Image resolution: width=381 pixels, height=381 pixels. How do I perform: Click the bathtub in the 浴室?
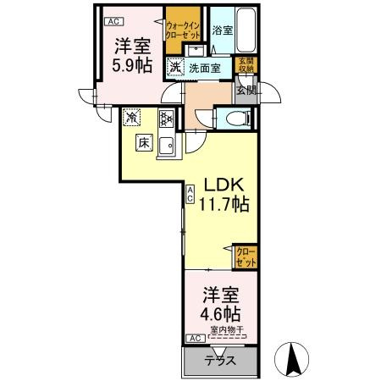248,31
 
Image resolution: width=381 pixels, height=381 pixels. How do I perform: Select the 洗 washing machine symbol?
174,67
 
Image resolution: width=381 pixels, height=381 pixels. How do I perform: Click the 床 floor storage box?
143,144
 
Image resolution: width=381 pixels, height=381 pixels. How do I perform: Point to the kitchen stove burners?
167,119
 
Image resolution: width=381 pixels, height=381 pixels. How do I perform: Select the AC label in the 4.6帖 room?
194,338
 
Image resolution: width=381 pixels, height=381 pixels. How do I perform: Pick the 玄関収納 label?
244,65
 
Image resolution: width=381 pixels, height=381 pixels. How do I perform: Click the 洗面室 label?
204,67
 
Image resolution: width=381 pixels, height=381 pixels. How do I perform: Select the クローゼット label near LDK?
244,257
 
